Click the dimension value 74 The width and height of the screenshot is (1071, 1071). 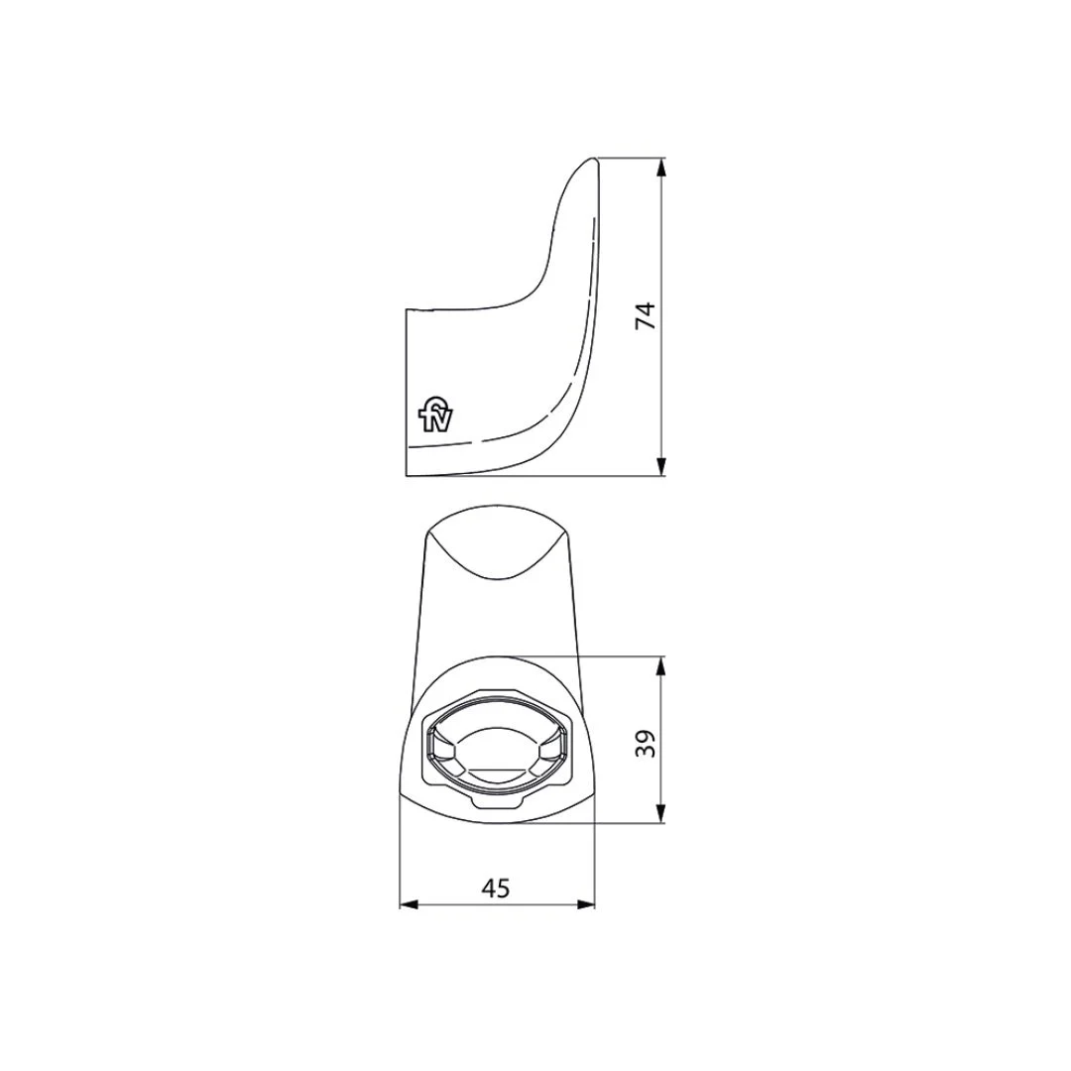[x=646, y=315]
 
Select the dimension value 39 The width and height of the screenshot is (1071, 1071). [x=646, y=743]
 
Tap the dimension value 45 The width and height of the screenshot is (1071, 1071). [x=496, y=888]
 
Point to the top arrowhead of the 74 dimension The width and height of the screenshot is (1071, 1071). [x=660, y=168]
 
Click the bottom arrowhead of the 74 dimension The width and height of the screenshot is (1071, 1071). [x=660, y=466]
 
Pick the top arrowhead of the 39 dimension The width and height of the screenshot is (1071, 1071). [x=660, y=666]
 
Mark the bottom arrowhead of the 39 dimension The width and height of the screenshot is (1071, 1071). [x=660, y=813]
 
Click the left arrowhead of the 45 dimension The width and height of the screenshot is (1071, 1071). [x=409, y=905]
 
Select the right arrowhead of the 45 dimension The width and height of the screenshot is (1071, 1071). [x=586, y=905]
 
